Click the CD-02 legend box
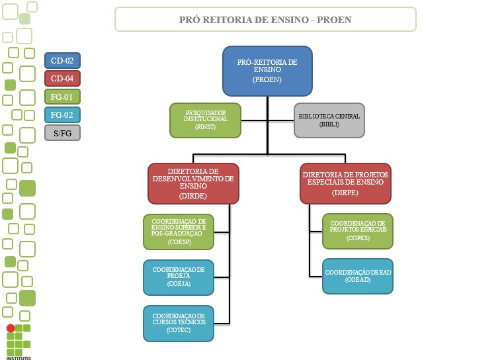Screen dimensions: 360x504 62,60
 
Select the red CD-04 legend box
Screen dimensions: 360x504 62,78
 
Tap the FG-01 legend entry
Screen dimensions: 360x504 62,97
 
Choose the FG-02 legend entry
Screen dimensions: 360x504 62,114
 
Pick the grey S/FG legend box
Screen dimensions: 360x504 62,132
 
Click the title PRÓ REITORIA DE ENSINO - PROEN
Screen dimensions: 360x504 265,20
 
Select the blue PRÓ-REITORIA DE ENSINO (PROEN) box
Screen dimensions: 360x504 267,70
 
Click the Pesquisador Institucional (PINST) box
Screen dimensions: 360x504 205,120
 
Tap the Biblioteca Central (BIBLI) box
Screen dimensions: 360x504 329,120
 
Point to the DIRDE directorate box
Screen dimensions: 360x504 192,183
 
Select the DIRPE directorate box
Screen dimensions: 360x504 346,183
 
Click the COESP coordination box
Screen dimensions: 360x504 179,232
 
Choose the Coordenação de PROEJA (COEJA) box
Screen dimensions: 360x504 179,277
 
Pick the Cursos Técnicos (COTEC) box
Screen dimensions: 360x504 179,323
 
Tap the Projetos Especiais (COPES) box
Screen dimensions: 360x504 357,231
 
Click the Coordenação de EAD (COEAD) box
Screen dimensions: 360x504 357,276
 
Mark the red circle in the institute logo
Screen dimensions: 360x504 11,328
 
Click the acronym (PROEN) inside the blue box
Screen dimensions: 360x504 267,79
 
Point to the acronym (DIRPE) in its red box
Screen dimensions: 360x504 346,194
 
